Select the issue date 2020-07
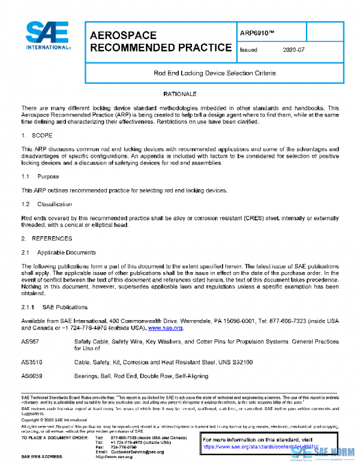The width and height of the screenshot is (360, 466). [294, 50]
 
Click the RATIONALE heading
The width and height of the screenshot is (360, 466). [179, 95]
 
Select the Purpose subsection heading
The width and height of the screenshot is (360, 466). [47, 177]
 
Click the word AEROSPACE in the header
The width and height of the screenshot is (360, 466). [123, 35]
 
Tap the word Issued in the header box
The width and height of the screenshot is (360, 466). [248, 50]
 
